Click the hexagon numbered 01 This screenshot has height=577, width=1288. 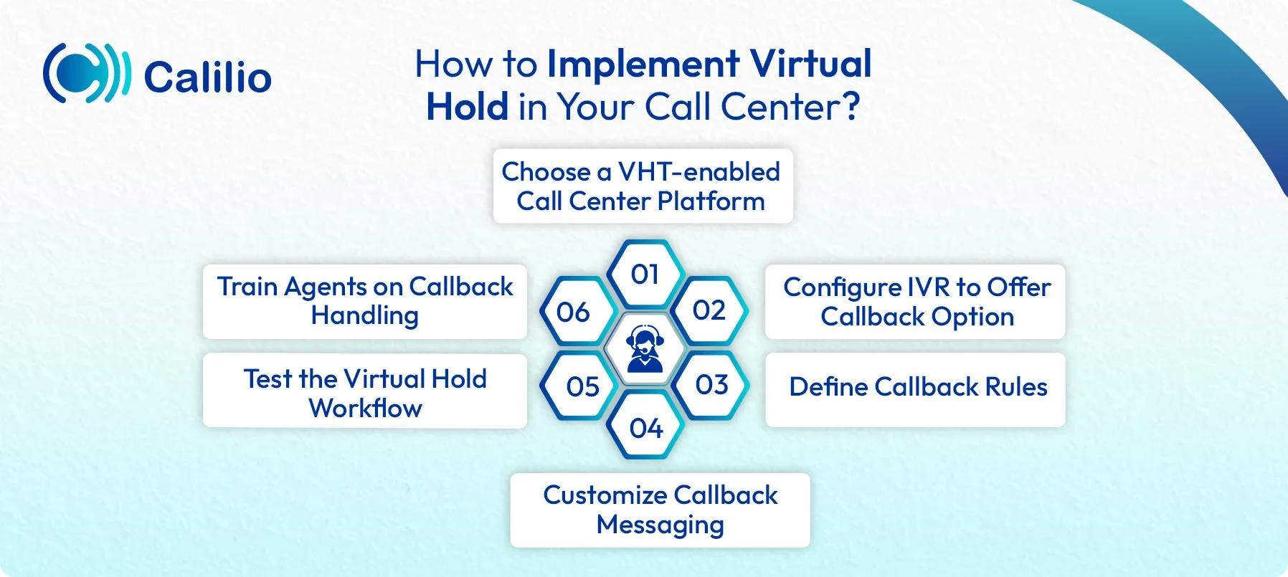(645, 275)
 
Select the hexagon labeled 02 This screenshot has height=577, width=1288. (709, 310)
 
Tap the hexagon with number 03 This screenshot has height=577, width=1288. (711, 385)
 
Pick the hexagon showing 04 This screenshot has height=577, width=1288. (645, 428)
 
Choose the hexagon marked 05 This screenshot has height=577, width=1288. (582, 387)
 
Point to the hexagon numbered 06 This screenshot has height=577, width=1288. (573, 312)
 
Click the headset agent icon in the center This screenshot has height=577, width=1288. (645, 349)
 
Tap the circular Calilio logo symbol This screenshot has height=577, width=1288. (86, 73)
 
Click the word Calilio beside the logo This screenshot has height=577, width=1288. (207, 77)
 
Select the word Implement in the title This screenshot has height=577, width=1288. (643, 64)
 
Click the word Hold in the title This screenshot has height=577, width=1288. (467, 108)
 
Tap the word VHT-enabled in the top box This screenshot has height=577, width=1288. (699, 172)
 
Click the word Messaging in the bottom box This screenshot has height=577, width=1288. (660, 525)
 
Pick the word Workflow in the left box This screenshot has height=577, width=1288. (365, 409)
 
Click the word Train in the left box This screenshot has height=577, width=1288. (247, 287)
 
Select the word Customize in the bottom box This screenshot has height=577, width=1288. (605, 495)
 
